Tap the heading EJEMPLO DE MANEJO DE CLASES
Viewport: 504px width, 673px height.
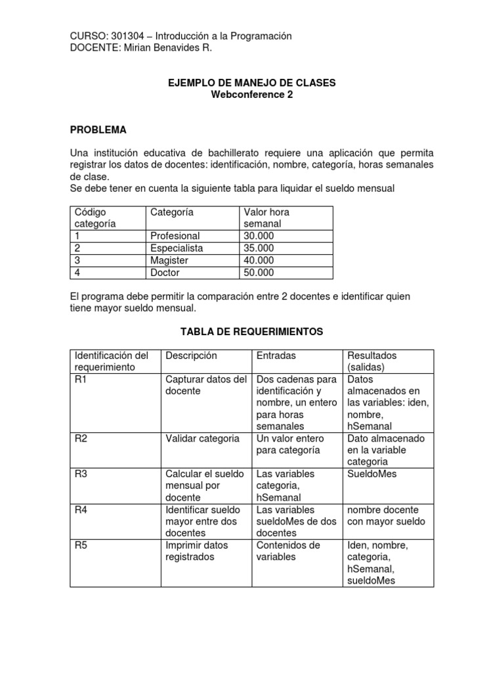[251, 83]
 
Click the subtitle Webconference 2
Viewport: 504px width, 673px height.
[251, 95]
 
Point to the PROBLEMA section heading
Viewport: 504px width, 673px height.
[98, 129]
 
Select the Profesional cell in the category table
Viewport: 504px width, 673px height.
[175, 236]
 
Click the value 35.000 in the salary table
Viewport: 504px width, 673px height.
[259, 248]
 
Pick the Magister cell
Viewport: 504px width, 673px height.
[169, 260]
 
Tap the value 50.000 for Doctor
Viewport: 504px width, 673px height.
[259, 273]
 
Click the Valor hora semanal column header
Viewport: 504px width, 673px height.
[266, 218]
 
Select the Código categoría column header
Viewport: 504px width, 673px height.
[95, 218]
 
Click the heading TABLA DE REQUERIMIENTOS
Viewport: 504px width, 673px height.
[251, 332]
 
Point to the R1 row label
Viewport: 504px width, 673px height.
[81, 379]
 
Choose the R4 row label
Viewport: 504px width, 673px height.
[81, 510]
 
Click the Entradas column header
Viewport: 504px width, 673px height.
[276, 356]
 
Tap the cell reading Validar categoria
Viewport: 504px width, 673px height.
[202, 438]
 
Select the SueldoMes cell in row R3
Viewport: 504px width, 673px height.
[372, 474]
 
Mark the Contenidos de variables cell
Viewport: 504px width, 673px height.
[287, 551]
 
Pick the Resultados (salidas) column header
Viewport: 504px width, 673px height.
[371, 361]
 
